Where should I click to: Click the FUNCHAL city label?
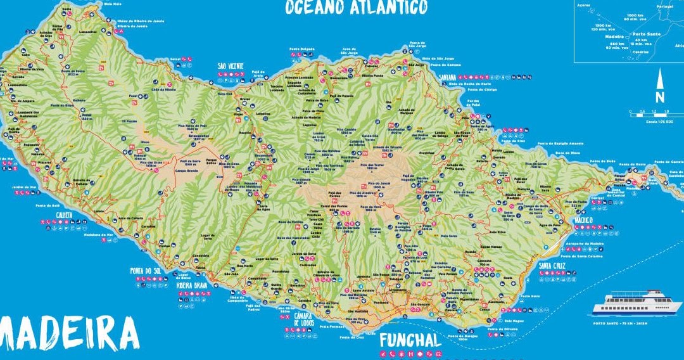pyautogui.click(x=410, y=340)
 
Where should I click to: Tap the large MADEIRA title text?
pyautogui.click(x=68, y=333)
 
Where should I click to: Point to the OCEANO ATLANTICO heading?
pyautogui.click(x=356, y=8)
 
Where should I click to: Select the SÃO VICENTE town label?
pyautogui.click(x=231, y=66)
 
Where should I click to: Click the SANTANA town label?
pyautogui.click(x=452, y=77)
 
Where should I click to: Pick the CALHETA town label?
pyautogui.click(x=63, y=214)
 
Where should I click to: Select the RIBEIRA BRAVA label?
pyautogui.click(x=192, y=285)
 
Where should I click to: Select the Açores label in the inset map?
pyautogui.click(x=584, y=5)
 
